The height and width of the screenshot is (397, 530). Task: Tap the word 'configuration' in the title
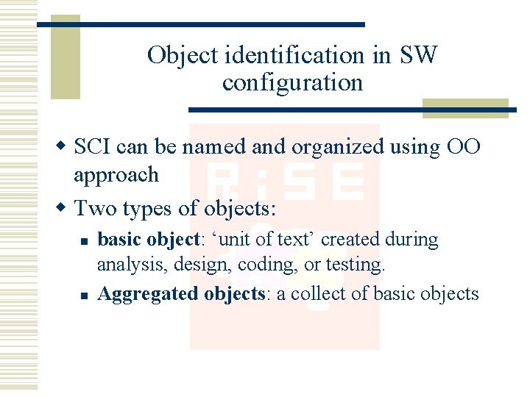(x=292, y=82)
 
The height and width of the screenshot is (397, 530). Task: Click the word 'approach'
(x=116, y=175)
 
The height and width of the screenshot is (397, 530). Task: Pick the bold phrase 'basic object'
(x=149, y=240)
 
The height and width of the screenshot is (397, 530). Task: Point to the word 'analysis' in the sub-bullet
(x=126, y=264)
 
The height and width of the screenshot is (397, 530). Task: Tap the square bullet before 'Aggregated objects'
(x=85, y=296)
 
